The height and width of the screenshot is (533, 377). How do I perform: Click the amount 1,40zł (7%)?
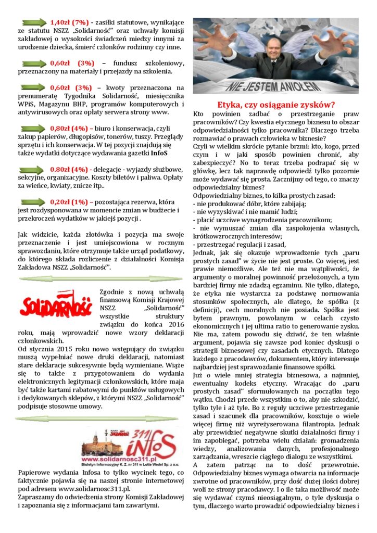tap(70, 22)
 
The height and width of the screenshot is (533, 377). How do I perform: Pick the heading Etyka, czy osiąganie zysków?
tap(275, 104)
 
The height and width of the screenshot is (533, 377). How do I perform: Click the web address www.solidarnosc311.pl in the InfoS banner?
tap(119, 459)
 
